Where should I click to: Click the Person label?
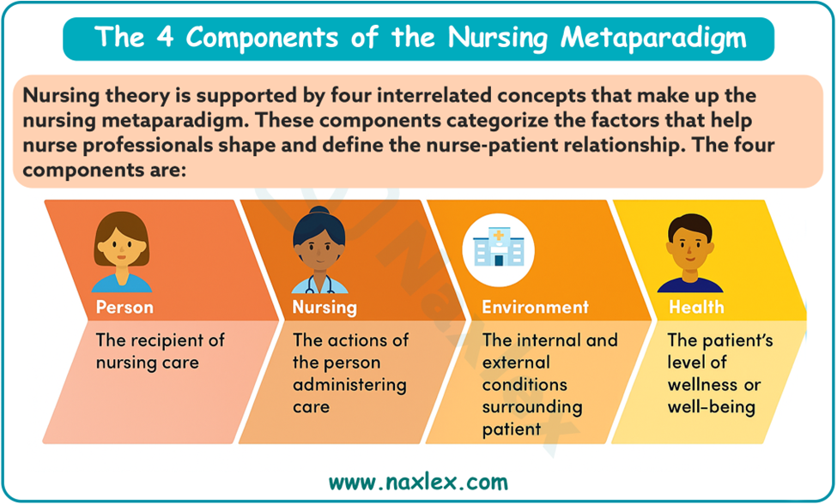124,308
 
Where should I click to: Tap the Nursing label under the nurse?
324,308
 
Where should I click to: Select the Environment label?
536,308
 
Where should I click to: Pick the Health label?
696,308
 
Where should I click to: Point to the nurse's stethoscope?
319,285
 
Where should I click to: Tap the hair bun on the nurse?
319,212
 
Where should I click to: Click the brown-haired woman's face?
122,249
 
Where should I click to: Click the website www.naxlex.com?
419,483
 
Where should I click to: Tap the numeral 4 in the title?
165,39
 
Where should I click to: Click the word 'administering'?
349,385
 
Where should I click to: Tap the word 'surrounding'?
532,407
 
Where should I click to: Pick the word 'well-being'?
712,407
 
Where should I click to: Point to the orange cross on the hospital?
499,235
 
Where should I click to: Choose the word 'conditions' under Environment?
525,385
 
